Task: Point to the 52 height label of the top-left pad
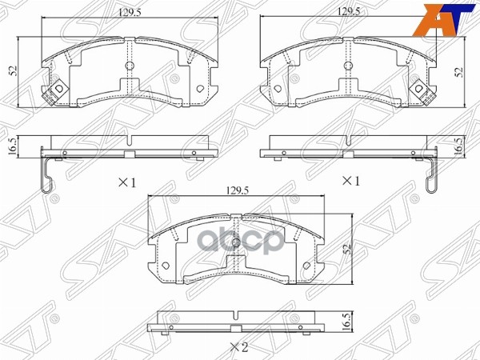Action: (x=14, y=70)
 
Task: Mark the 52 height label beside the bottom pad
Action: (x=347, y=248)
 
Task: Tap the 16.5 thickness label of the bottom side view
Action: (x=345, y=322)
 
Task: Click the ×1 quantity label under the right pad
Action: (x=350, y=182)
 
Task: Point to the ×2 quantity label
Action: (x=237, y=346)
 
